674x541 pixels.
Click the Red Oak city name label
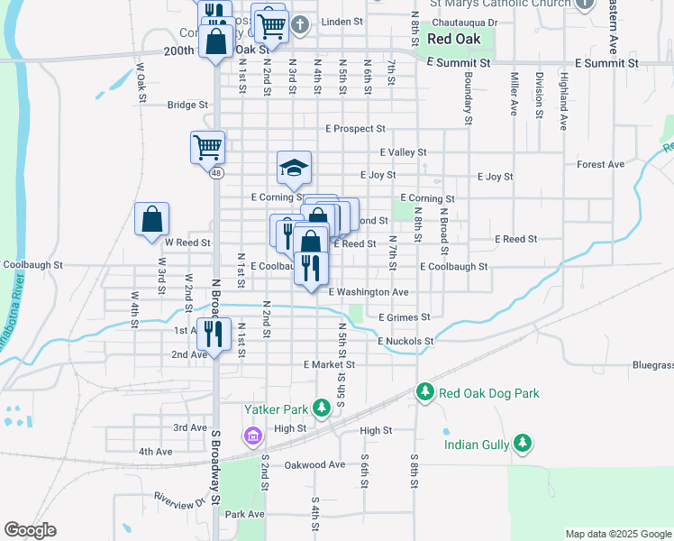click(x=455, y=39)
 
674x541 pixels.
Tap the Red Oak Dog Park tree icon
click(x=425, y=392)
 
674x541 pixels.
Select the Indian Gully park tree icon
click(x=521, y=443)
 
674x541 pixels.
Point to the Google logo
click(x=30, y=530)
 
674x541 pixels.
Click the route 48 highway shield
click(x=216, y=174)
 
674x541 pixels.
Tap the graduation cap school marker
click(x=294, y=168)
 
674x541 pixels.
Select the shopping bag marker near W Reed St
click(x=152, y=219)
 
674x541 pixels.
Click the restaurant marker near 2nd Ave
click(x=214, y=334)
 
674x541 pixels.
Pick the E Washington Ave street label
click(x=369, y=292)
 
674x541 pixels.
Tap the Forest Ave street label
click(x=601, y=165)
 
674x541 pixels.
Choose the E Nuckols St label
click(x=405, y=342)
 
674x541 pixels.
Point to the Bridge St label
click(x=187, y=105)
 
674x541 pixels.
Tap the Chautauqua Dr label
click(x=465, y=21)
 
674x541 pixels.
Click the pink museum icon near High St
click(x=252, y=437)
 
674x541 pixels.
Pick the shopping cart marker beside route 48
click(x=207, y=146)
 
